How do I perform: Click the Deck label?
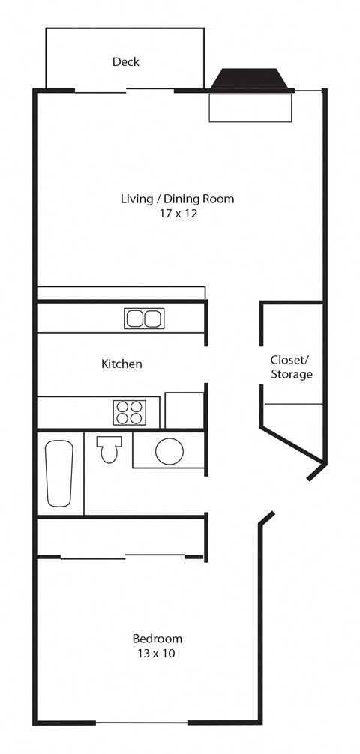point(125,61)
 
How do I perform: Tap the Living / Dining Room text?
point(177,199)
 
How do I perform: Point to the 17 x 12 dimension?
point(177,214)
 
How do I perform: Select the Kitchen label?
point(121,364)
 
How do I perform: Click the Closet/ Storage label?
point(291,367)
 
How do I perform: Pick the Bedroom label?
point(157,639)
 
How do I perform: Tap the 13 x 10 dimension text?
point(157,653)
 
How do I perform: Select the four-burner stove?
point(129,412)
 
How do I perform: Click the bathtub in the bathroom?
point(59,473)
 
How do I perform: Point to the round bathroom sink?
point(169,451)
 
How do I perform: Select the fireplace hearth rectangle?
point(250,107)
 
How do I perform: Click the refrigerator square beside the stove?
point(184,410)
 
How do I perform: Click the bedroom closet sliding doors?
point(121,556)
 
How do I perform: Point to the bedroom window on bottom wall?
point(141,723)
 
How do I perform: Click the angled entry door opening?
point(289,496)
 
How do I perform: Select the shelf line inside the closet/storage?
point(292,404)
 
